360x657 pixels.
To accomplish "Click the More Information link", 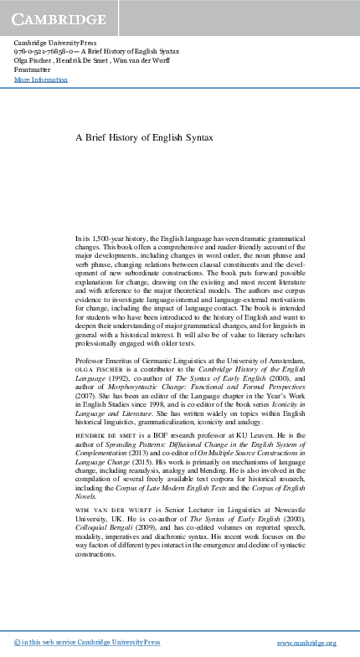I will (40, 80).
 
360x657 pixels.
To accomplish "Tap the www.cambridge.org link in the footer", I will (306, 642).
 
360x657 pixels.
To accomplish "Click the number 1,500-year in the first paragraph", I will (112, 239).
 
